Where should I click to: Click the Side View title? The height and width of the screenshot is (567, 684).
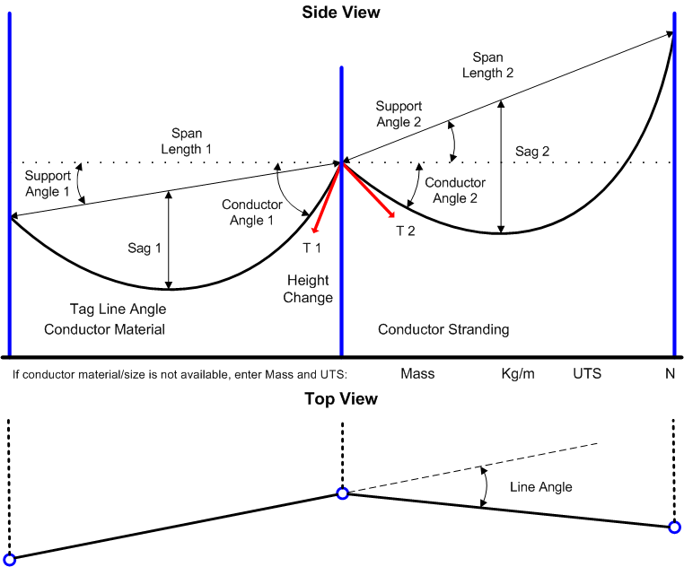coord(341,13)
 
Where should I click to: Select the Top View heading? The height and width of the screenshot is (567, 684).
coord(341,399)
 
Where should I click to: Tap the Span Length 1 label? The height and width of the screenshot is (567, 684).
coord(187,140)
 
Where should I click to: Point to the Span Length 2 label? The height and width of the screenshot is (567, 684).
coord(488,65)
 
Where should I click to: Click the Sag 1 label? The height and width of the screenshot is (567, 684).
coord(145,249)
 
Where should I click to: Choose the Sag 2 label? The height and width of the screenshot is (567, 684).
coord(532,152)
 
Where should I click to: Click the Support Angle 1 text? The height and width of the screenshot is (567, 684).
coord(47,184)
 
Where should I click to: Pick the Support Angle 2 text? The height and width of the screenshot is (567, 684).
coord(399,114)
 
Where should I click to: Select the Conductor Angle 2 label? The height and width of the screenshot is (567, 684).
coord(455,190)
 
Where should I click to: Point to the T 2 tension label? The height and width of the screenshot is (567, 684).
coord(407,231)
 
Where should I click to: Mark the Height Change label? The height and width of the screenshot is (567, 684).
coord(308,289)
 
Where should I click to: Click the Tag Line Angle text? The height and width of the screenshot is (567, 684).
coord(118,309)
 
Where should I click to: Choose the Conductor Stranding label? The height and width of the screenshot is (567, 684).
coord(443,329)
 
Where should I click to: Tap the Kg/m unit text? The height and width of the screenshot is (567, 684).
coord(518,373)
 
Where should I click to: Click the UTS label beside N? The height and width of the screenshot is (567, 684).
coord(588,373)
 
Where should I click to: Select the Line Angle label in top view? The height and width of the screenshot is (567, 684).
coord(540,487)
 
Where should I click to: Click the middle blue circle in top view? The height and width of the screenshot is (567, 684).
coord(342,493)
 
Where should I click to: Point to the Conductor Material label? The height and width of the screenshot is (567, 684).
coord(105,329)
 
